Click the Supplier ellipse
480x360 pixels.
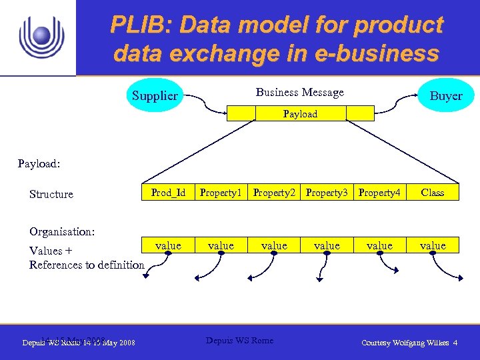point(155,96)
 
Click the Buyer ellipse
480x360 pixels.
point(445,96)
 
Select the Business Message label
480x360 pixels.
point(300,93)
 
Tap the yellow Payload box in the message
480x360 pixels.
point(300,114)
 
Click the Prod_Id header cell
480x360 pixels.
point(168,193)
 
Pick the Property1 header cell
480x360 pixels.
point(221,193)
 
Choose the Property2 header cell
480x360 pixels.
point(274,193)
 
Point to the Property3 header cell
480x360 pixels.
point(327,193)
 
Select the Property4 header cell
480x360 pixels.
point(379,193)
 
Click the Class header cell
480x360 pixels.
point(433,193)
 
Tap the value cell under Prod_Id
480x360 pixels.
point(168,246)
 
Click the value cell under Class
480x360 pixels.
point(433,246)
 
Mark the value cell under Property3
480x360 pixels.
point(327,246)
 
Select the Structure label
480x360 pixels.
point(51,195)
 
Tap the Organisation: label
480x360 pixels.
point(62,232)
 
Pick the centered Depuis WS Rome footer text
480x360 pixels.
point(239,341)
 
